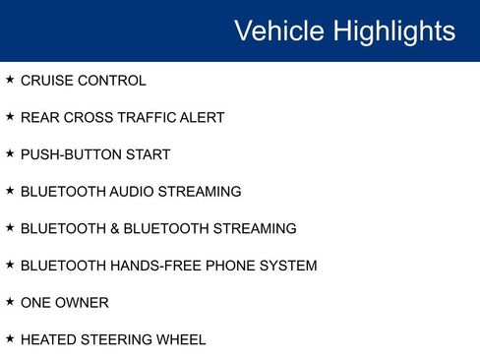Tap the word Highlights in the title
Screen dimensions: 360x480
coord(394,30)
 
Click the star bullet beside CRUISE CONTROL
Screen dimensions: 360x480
coord(10,80)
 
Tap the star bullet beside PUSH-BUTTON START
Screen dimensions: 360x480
coord(10,153)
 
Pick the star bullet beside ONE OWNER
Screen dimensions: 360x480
coord(10,301)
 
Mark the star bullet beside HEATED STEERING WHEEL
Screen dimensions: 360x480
coord(10,338)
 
